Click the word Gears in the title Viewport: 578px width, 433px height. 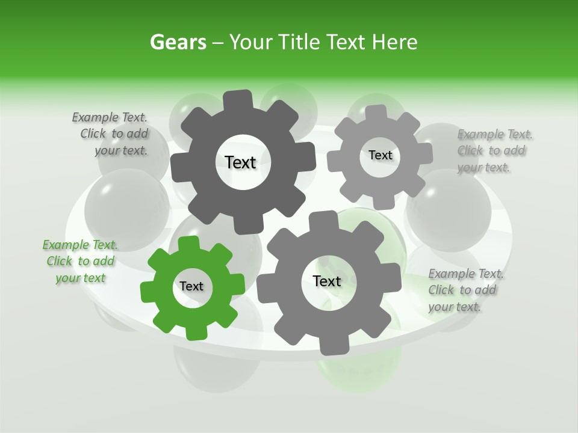tap(178, 43)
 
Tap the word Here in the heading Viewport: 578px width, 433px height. tap(395, 43)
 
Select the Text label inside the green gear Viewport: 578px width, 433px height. tap(191, 287)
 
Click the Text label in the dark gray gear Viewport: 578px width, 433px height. tap(240, 162)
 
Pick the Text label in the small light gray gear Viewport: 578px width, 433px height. tap(380, 155)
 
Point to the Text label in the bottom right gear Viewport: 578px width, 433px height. tap(326, 281)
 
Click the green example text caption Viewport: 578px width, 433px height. tap(81, 262)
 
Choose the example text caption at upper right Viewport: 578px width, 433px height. tap(494, 151)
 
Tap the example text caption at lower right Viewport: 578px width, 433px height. tap(465, 290)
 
